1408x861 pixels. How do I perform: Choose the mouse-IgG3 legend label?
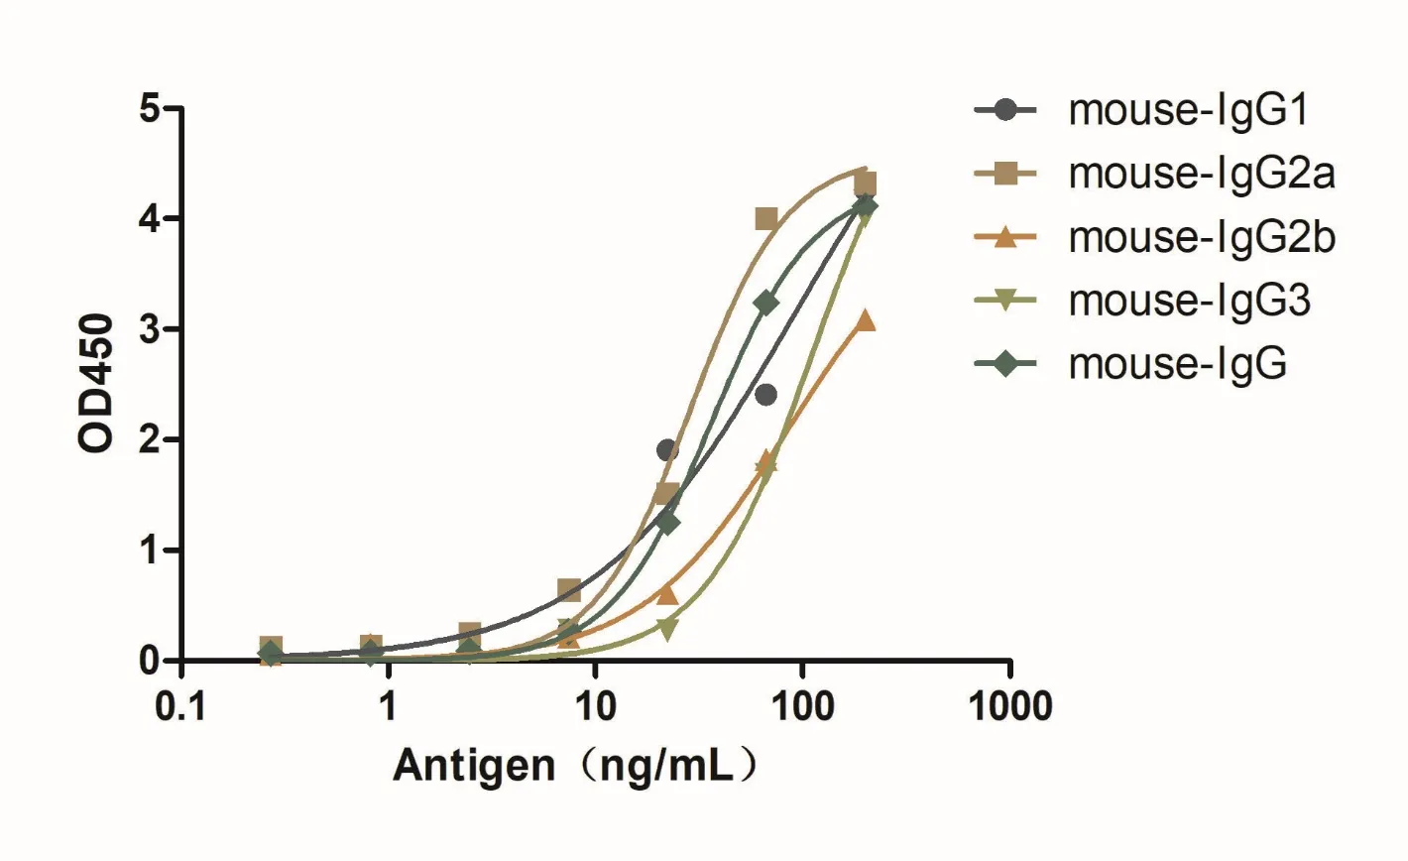(x=1189, y=301)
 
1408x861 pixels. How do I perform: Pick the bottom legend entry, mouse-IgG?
(x=1177, y=364)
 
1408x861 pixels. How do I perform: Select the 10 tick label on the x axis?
(x=595, y=707)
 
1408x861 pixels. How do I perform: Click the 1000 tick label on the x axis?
(x=1009, y=707)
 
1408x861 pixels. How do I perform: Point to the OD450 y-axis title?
(x=97, y=384)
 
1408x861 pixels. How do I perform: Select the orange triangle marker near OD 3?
(x=866, y=319)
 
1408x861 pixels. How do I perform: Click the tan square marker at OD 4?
(x=766, y=218)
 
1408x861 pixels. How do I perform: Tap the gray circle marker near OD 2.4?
(x=765, y=395)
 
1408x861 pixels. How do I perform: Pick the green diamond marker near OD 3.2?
(x=766, y=302)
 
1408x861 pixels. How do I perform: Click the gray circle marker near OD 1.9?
(x=667, y=450)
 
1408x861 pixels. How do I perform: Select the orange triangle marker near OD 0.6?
(x=667, y=594)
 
